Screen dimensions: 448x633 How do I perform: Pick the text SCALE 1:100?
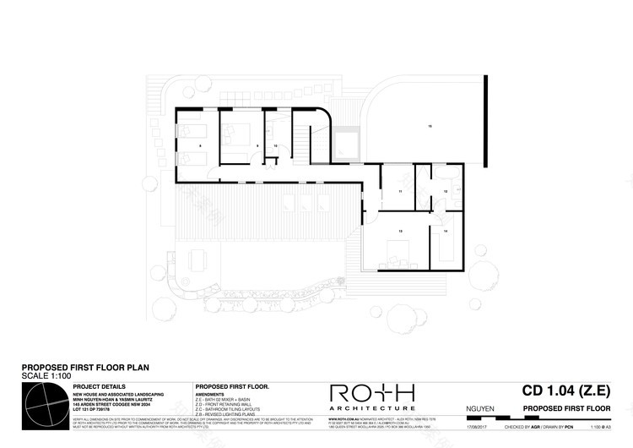[45, 376]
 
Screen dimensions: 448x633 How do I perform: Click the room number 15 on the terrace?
[430, 126]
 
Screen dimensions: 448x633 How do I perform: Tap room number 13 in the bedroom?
[400, 231]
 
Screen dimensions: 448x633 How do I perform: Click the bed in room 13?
[398, 250]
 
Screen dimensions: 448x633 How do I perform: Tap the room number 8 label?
[199, 146]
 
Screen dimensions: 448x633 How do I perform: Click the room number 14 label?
[445, 231]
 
